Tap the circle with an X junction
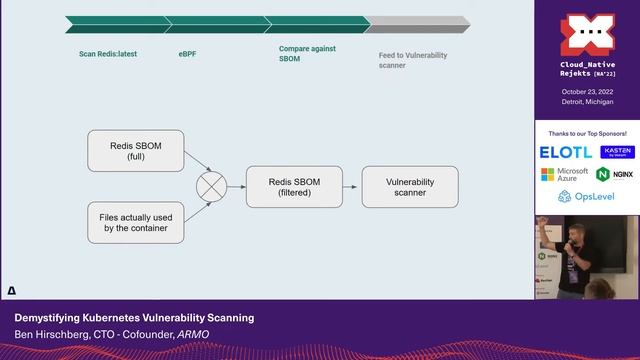[x=211, y=187]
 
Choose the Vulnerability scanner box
[x=409, y=187]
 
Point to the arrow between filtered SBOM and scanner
[x=350, y=187]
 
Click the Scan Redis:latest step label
[x=107, y=53]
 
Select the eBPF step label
[x=187, y=53]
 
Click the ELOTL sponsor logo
[x=565, y=152]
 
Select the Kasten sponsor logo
[x=617, y=151]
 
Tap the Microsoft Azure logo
[x=565, y=174]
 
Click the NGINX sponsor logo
[x=616, y=174]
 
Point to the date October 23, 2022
[x=587, y=91]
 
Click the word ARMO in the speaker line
[x=192, y=334]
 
